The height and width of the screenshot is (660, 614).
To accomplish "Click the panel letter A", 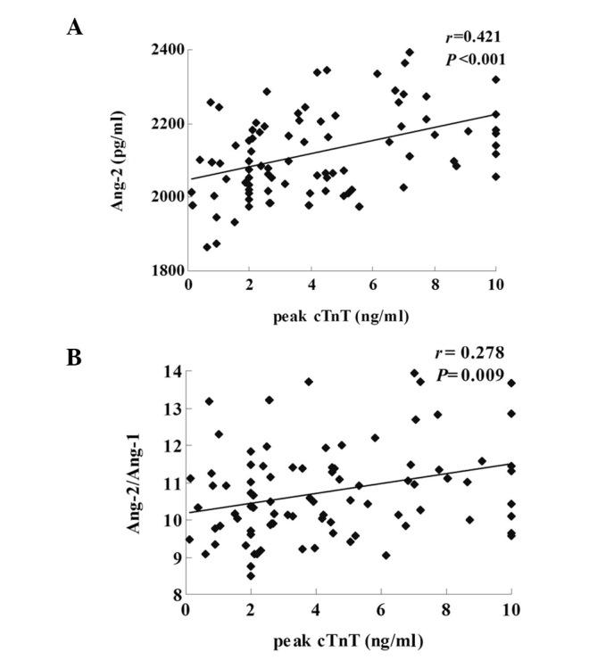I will tap(75, 26).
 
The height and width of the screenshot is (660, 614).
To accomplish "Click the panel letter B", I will tap(75, 357).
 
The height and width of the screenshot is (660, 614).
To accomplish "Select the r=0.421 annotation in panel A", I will tap(475, 37).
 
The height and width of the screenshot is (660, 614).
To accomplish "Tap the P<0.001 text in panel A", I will tap(476, 59).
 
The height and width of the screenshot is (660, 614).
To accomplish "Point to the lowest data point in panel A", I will tap(207, 247).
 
